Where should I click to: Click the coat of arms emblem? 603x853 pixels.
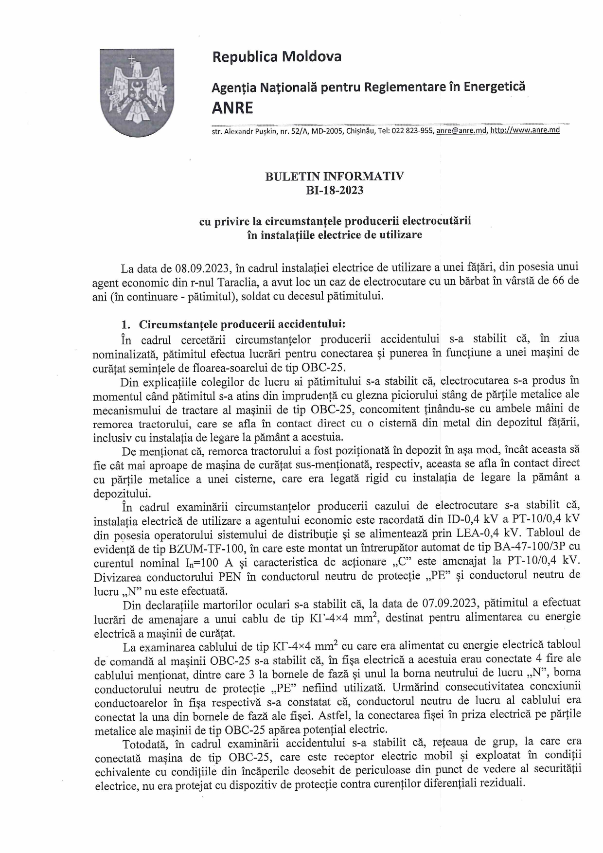pyautogui.click(x=137, y=92)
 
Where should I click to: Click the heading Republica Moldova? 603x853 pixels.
pyautogui.click(x=277, y=57)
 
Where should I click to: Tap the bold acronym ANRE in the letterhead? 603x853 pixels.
pyautogui.click(x=232, y=107)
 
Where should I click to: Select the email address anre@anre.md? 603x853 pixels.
pyautogui.click(x=462, y=130)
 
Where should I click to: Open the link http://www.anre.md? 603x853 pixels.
pyautogui.click(x=525, y=130)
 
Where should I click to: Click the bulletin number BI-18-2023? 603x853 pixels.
pyautogui.click(x=334, y=190)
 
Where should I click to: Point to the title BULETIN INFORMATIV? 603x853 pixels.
pyautogui.click(x=335, y=176)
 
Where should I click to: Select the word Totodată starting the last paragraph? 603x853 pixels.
pyautogui.click(x=145, y=744)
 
